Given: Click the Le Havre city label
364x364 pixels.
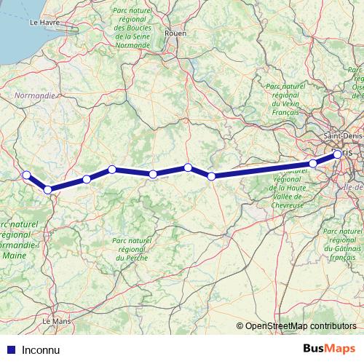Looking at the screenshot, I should tap(43, 23).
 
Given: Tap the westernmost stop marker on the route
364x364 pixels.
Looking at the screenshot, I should tap(26, 175).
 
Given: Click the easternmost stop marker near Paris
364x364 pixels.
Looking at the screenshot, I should tap(337, 154).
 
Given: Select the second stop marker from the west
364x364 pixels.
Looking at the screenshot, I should tap(48, 190).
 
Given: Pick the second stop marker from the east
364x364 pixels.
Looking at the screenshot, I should tap(313, 163).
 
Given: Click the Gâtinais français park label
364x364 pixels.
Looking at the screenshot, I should tap(342, 248).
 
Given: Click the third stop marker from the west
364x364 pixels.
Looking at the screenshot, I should tap(87, 179).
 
